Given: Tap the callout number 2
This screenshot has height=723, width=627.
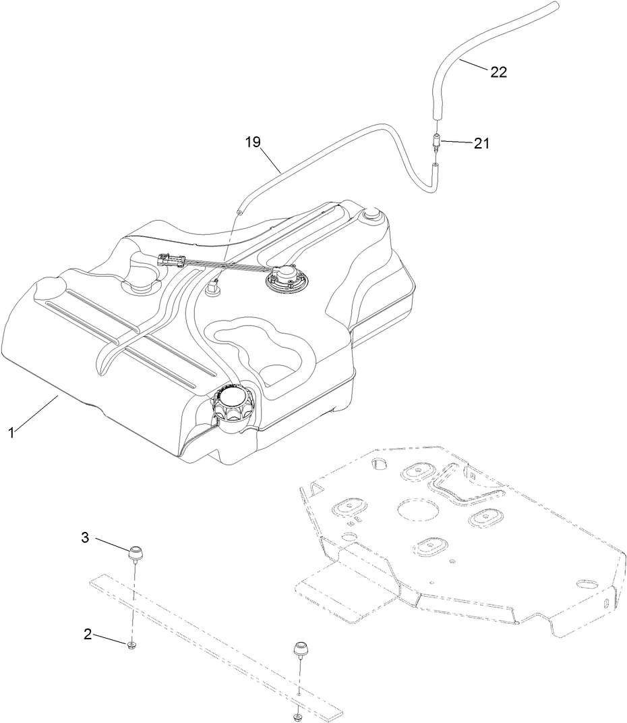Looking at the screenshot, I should tap(88, 634).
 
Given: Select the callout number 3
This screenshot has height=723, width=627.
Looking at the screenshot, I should tap(85, 537).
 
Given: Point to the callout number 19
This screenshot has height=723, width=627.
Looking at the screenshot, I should tap(253, 142).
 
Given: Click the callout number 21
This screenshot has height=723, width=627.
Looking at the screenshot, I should tap(481, 143).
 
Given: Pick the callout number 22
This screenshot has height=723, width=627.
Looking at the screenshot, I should tap(498, 72).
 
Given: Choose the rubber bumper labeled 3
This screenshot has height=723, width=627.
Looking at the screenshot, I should tap(137, 552).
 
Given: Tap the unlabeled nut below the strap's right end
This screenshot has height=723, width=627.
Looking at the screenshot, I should tap(297, 716).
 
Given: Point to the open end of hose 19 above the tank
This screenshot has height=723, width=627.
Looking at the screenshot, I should tap(239, 212).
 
